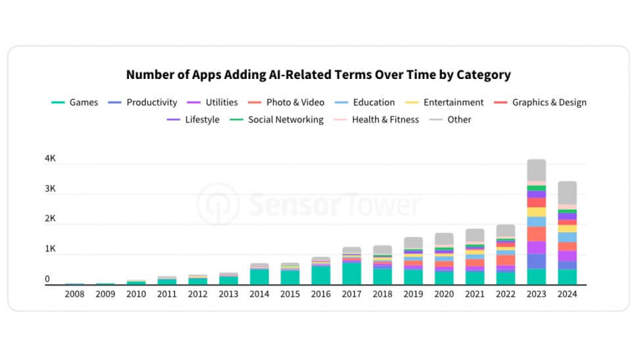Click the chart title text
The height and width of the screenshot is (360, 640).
click(x=318, y=74)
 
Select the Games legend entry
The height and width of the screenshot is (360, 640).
click(x=75, y=103)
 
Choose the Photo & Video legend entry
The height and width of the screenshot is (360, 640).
click(x=287, y=103)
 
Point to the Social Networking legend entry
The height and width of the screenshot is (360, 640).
click(x=278, y=120)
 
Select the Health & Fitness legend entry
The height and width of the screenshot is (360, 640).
click(x=378, y=120)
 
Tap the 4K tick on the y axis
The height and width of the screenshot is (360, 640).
click(x=51, y=159)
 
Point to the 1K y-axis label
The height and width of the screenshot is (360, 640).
click(x=51, y=249)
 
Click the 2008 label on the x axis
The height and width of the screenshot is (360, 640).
click(x=74, y=294)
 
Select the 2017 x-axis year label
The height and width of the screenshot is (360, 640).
click(x=351, y=294)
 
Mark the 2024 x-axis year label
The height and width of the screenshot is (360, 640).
click(x=566, y=294)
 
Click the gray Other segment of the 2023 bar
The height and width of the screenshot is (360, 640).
click(x=536, y=170)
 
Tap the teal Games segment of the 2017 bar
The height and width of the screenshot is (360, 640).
click(x=351, y=273)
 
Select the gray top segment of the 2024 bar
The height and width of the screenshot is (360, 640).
click(x=566, y=192)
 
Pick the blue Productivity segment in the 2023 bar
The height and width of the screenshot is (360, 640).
click(x=536, y=261)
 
